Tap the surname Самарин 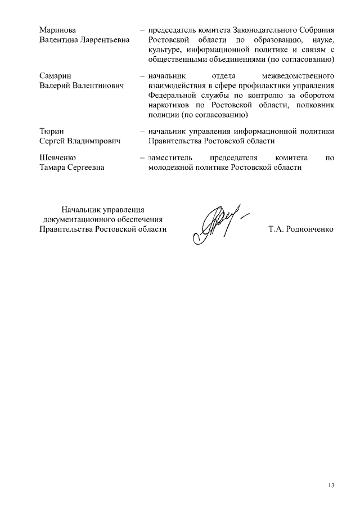56,75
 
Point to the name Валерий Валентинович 82,85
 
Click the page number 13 331,485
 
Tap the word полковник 316,105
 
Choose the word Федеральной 171,95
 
